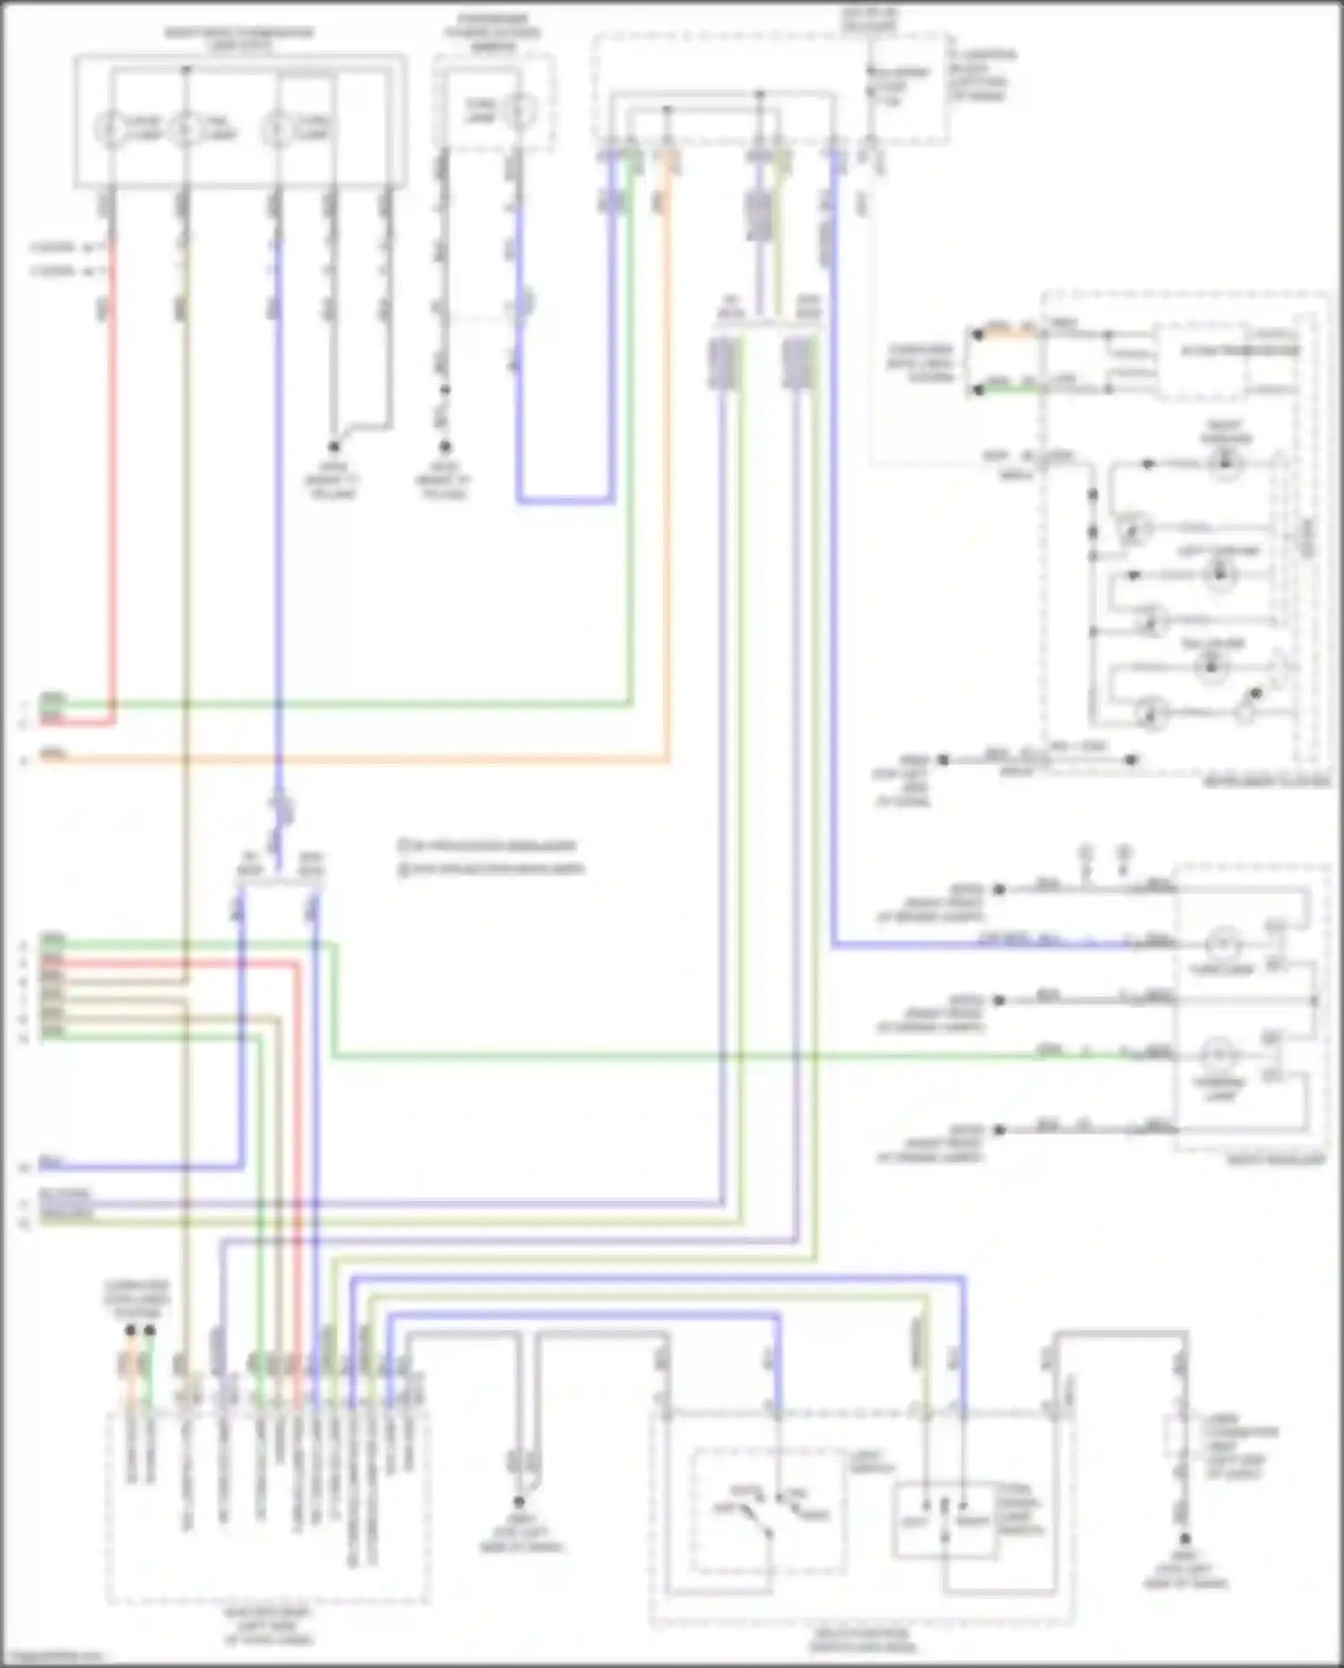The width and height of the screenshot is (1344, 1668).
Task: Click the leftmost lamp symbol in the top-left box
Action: click(x=110, y=130)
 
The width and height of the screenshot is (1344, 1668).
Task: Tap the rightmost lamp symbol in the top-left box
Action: click(x=277, y=130)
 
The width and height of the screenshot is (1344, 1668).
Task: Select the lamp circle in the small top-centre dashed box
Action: click(x=518, y=112)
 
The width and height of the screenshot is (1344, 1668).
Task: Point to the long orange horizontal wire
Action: click(x=358, y=761)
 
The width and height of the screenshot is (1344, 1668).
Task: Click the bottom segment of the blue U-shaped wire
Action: click(x=565, y=500)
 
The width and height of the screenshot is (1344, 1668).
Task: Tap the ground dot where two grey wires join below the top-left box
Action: click(x=333, y=445)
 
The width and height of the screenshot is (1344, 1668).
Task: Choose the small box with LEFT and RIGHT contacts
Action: click(x=945, y=1519)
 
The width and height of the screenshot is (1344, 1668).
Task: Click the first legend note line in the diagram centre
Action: click(x=488, y=845)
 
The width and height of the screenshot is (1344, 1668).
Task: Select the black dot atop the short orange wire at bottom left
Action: click(x=131, y=1331)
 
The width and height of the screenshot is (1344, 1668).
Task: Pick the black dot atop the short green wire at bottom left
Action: click(x=150, y=1331)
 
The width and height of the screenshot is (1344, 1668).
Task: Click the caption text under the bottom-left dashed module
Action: click(x=268, y=1626)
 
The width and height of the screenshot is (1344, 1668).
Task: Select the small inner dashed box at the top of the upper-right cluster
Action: click(x=1201, y=362)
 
